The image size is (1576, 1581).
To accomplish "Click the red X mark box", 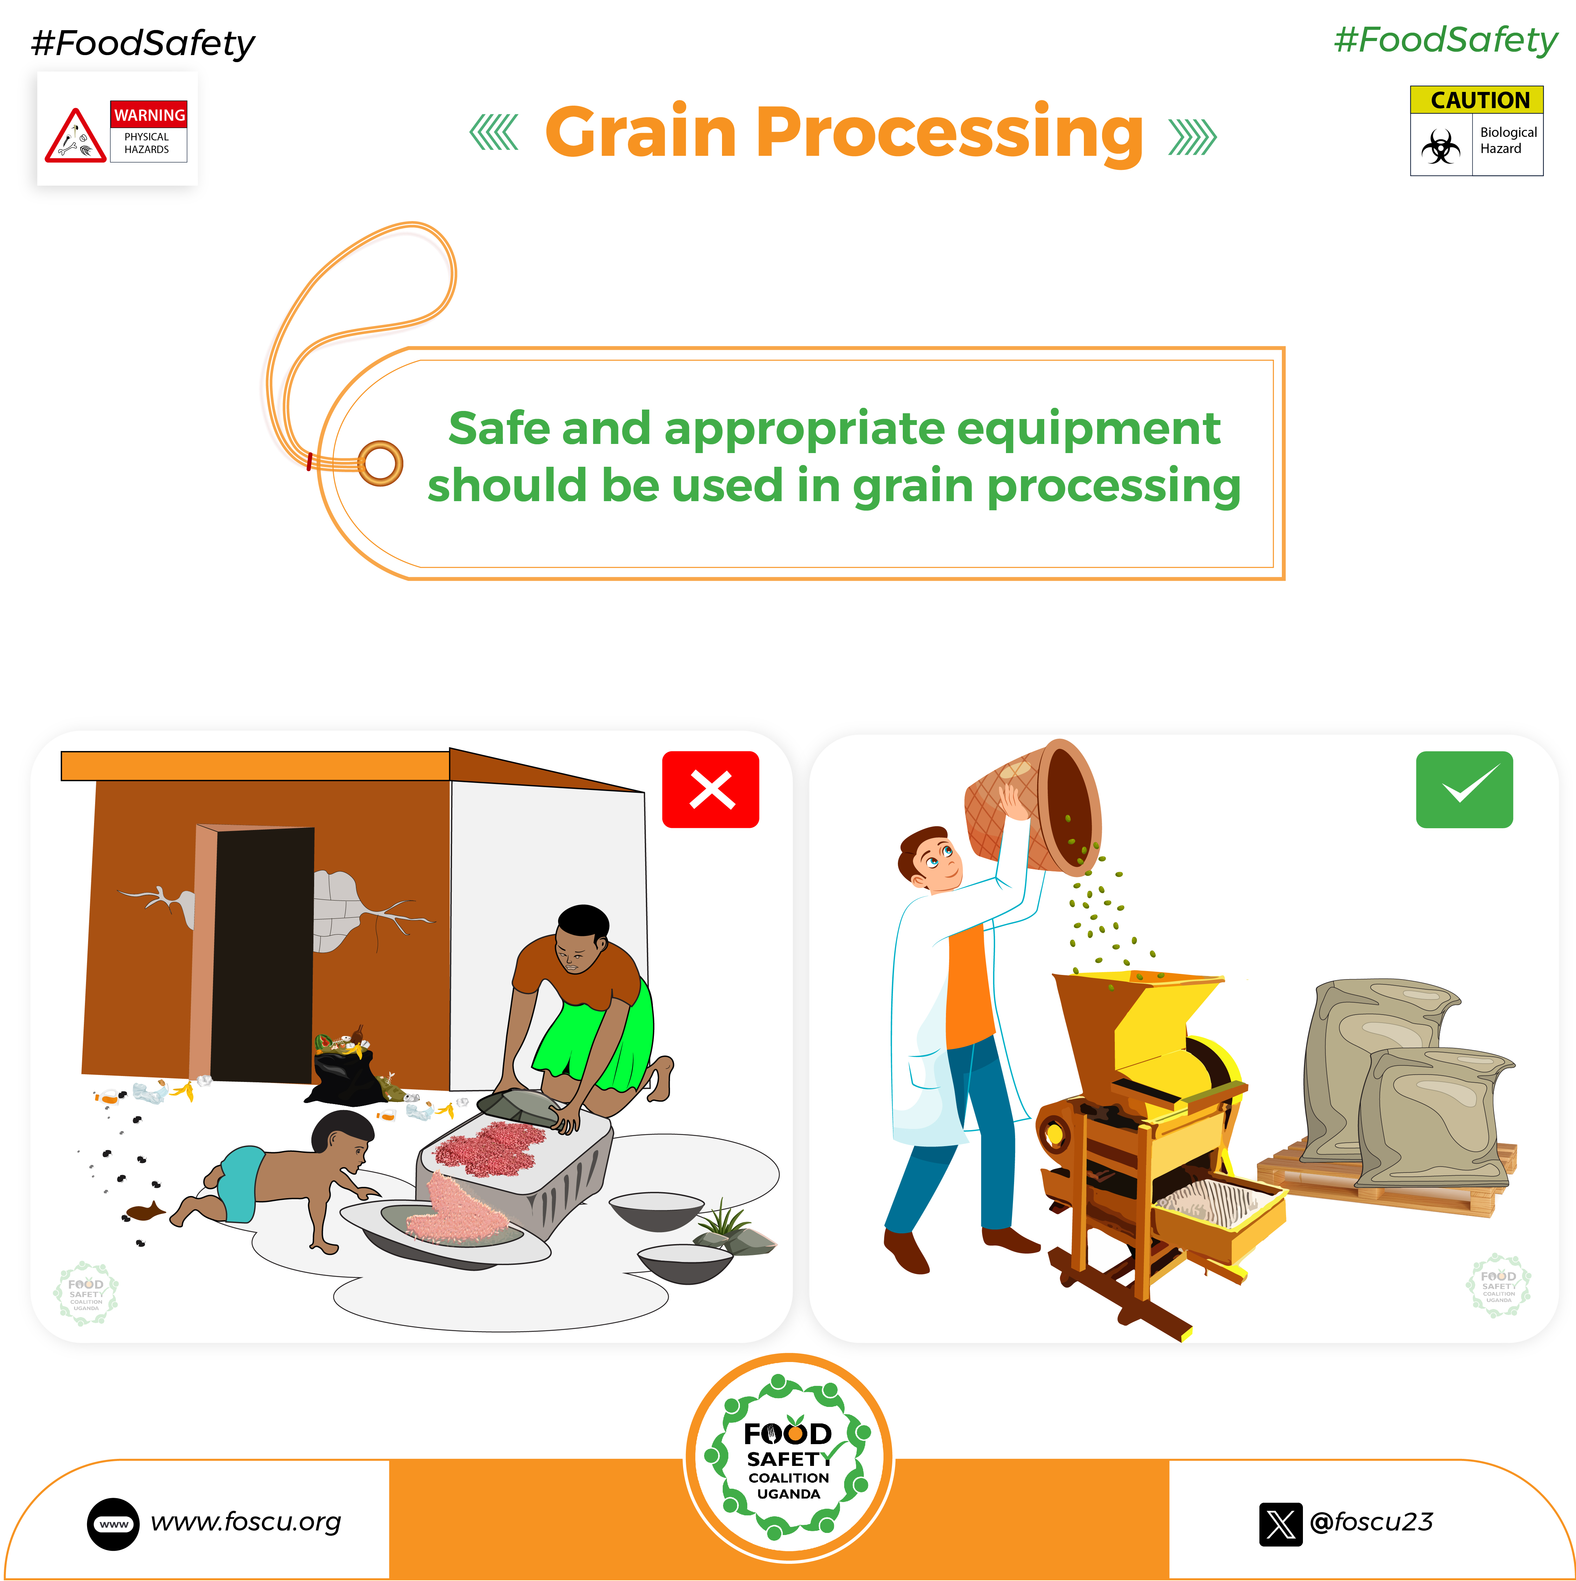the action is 710,789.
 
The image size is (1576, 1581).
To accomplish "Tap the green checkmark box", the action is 1464,789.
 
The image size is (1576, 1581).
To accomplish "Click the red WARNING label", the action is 149,114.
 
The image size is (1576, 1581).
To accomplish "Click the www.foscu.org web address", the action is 245,1522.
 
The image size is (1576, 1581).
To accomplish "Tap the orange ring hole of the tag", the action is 380,463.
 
